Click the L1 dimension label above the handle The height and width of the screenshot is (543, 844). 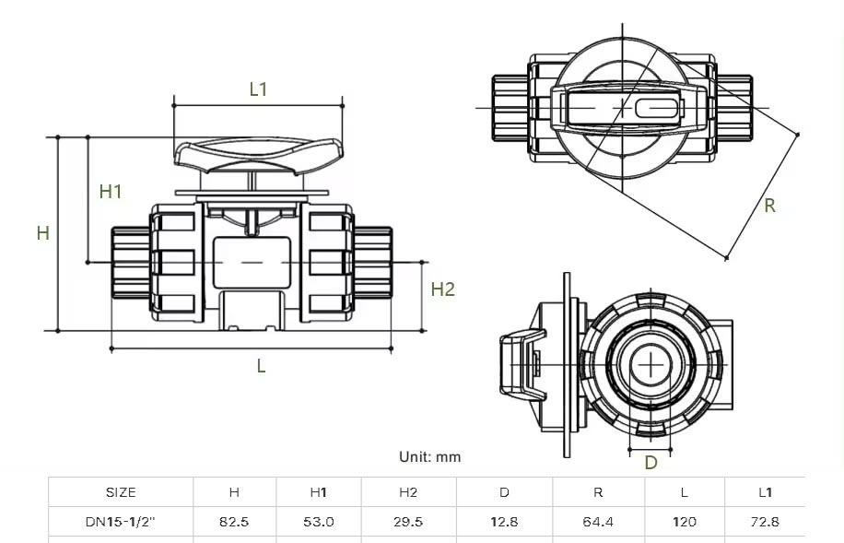pyautogui.click(x=258, y=89)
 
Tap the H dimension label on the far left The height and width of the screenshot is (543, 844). pyautogui.click(x=42, y=233)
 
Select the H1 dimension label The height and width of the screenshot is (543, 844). pyautogui.click(x=111, y=192)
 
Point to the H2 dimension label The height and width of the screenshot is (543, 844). pyautogui.click(x=443, y=289)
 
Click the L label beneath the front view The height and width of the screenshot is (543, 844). pyautogui.click(x=261, y=366)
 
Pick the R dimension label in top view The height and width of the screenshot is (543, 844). pyautogui.click(x=769, y=206)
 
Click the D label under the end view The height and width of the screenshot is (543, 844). pyautogui.click(x=651, y=463)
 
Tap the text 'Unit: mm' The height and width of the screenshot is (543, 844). pyautogui.click(x=429, y=456)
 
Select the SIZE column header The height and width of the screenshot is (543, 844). pyautogui.click(x=121, y=492)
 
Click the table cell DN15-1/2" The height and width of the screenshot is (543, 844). pyautogui.click(x=121, y=521)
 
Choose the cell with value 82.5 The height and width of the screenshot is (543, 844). pyautogui.click(x=234, y=521)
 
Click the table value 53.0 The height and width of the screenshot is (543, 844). pyautogui.click(x=319, y=521)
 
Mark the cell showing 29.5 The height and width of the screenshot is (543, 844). pyautogui.click(x=408, y=521)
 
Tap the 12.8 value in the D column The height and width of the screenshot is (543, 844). pyautogui.click(x=504, y=521)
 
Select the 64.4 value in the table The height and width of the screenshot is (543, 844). pyautogui.click(x=598, y=521)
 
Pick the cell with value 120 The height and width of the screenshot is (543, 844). pyautogui.click(x=684, y=521)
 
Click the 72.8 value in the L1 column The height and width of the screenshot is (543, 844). pyautogui.click(x=765, y=521)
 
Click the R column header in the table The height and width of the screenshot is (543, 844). pyautogui.click(x=598, y=492)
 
